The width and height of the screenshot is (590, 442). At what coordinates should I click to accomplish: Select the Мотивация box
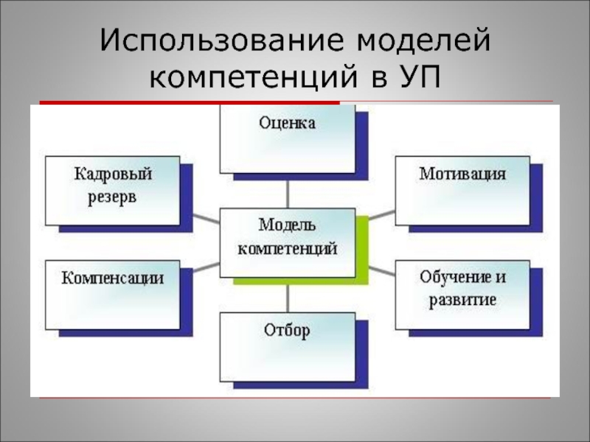coord(462,190)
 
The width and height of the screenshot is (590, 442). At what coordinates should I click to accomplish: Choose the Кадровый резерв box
coord(112,190)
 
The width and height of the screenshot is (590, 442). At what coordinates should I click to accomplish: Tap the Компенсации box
coord(112,294)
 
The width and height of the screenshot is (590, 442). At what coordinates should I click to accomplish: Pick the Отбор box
coord(287,347)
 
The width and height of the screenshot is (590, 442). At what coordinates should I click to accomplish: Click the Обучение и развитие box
coord(462,294)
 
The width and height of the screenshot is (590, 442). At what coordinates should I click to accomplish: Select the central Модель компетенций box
coord(287,242)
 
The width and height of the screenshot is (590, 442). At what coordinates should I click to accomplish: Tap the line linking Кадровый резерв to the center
coord(201,217)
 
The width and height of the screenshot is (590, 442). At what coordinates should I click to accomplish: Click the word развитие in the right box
coord(462,301)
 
